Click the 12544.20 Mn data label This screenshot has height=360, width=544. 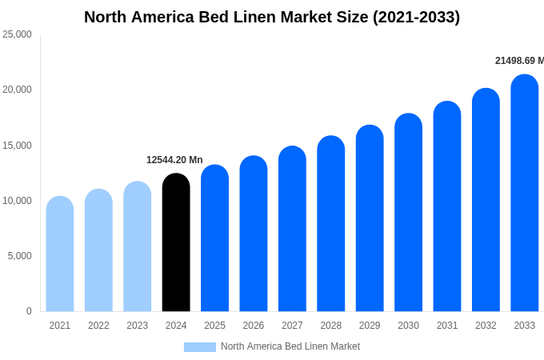click(x=174, y=160)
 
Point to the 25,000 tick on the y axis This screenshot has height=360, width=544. click(x=17, y=34)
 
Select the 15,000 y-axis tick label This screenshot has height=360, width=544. click(x=17, y=146)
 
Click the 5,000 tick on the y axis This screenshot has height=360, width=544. click(x=19, y=256)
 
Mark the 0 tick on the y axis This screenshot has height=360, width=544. click(x=29, y=311)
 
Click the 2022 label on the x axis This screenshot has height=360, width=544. click(x=98, y=326)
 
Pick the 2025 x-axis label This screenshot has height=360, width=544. click(x=214, y=326)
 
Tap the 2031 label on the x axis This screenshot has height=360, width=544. click(x=447, y=326)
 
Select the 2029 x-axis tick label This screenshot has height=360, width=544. click(x=370, y=326)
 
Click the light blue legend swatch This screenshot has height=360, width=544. click(x=200, y=347)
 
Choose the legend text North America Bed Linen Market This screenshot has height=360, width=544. click(x=290, y=346)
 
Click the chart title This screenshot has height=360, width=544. click(x=272, y=17)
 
